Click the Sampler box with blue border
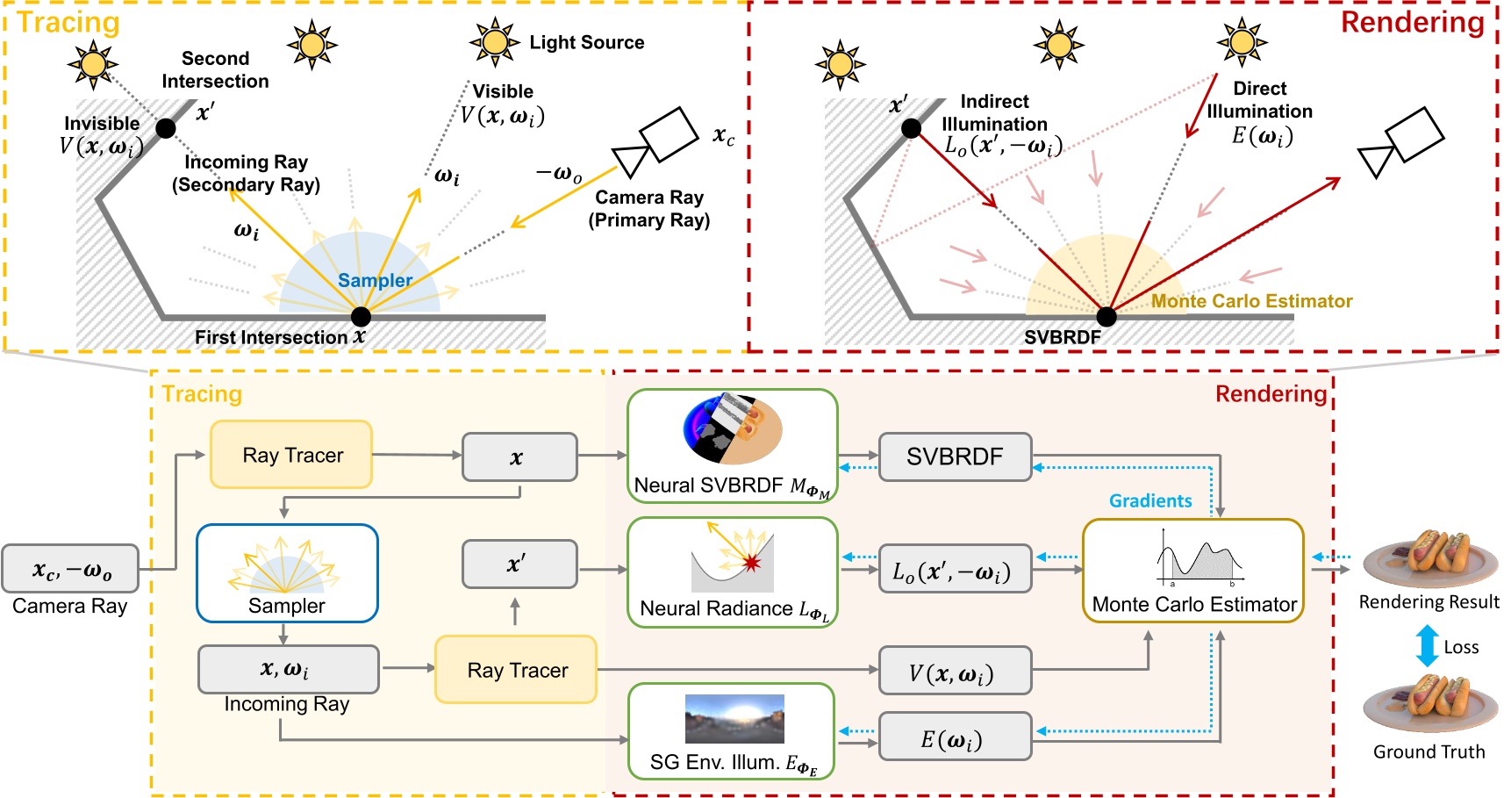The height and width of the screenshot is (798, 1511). click(x=287, y=572)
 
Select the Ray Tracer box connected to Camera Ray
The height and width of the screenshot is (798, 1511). click(x=291, y=455)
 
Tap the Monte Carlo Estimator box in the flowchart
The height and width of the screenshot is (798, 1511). click(x=1192, y=571)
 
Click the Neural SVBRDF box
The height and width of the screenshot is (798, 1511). click(x=732, y=446)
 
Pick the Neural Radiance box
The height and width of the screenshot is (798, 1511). click(x=732, y=572)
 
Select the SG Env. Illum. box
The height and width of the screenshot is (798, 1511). click(x=730, y=731)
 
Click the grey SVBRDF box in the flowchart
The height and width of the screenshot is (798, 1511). click(x=955, y=457)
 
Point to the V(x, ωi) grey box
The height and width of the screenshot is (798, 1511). click(x=955, y=672)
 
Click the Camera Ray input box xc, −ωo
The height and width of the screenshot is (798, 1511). click(x=70, y=569)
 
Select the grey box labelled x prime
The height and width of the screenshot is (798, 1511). click(x=519, y=564)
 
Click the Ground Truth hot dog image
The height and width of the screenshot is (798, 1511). click(x=1429, y=705)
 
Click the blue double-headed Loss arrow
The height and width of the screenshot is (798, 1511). click(x=1427, y=646)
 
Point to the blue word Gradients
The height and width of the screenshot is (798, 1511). click(x=1149, y=500)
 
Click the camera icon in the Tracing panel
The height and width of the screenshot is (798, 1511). click(x=656, y=142)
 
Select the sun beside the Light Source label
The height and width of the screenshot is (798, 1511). click(x=494, y=41)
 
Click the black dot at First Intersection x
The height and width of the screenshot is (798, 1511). click(x=361, y=316)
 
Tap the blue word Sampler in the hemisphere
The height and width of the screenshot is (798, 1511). click(x=375, y=280)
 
